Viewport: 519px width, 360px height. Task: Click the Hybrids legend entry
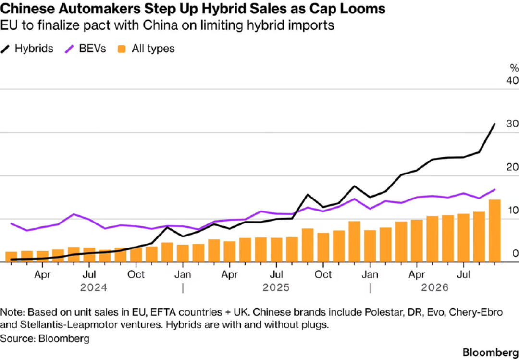point(27,49)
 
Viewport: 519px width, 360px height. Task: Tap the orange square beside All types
point(122,49)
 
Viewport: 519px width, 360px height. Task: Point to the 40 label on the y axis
point(511,80)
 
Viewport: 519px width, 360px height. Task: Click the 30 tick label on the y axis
point(511,124)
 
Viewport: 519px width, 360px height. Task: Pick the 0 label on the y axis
point(515,253)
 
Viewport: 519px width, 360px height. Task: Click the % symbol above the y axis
point(514,68)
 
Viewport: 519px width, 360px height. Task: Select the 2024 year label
point(94,287)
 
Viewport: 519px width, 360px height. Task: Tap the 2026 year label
point(434,287)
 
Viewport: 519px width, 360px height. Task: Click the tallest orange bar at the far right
point(494,231)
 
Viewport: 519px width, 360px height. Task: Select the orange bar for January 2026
point(370,246)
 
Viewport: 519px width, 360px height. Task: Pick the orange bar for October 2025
point(323,248)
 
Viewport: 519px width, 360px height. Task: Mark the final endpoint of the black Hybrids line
point(495,124)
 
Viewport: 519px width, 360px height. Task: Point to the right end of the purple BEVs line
point(495,189)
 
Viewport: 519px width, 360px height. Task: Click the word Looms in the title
point(365,9)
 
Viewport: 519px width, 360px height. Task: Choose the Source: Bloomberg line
point(45,338)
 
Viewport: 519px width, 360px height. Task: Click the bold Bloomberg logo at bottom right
point(490,352)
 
